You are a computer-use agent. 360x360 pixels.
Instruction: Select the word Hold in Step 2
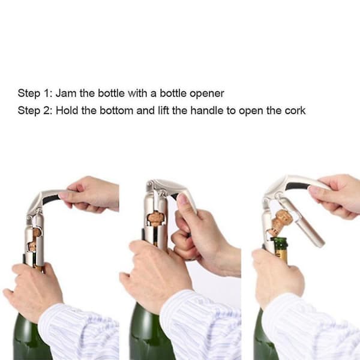pyautogui.click(x=67, y=110)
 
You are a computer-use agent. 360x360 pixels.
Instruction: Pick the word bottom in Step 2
pyautogui.click(x=116, y=110)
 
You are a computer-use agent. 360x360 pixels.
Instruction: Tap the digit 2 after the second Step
pyautogui.click(x=46, y=110)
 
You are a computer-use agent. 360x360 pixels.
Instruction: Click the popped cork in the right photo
pyautogui.click(x=280, y=221)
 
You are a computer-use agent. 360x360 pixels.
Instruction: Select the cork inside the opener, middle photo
pyautogui.click(x=155, y=218)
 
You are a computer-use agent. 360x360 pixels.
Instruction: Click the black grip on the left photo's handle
pyautogui.click(x=51, y=199)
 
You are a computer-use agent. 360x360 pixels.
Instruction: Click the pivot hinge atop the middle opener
pyautogui.click(x=151, y=185)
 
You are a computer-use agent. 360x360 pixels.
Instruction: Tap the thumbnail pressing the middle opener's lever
pyautogui.click(x=183, y=199)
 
